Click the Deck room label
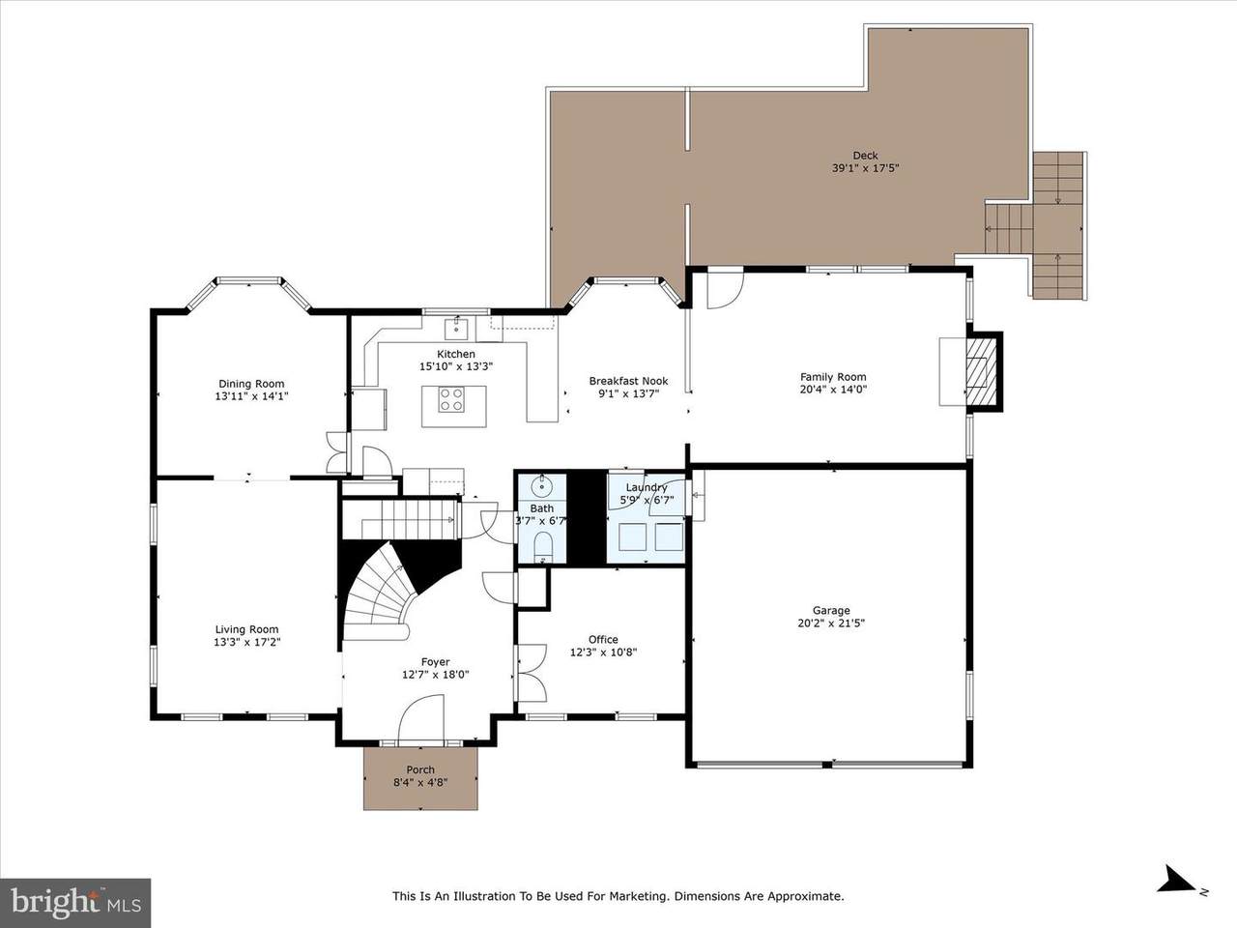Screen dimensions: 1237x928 865,156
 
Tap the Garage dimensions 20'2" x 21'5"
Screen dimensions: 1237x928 831,623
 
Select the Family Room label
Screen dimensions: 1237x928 833,377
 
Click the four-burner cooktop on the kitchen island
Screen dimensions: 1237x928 451,399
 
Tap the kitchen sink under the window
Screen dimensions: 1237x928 456,329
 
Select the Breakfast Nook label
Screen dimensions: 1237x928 628,381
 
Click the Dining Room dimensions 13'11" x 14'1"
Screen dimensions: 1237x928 251,396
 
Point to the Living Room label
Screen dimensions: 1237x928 246,629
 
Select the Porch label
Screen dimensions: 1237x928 420,769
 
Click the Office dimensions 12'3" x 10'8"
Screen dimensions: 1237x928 604,652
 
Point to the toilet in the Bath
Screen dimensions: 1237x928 543,546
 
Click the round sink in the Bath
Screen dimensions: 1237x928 542,483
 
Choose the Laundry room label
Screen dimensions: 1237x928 647,487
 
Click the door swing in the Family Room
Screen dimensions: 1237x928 726,291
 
